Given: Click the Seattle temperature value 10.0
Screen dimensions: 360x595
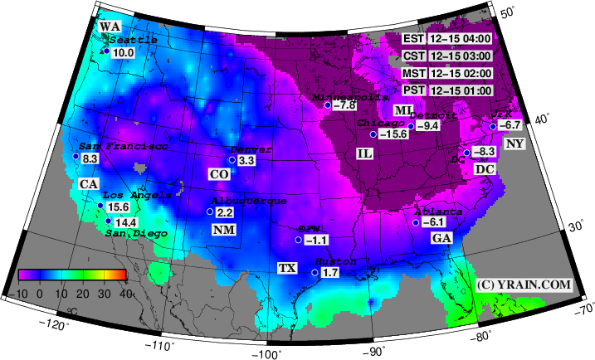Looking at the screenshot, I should (123, 52).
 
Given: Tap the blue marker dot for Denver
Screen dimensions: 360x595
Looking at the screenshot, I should (232, 160).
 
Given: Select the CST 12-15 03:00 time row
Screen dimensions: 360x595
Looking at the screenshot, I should (448, 56).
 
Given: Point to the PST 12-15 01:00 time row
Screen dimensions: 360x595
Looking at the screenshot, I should (448, 90).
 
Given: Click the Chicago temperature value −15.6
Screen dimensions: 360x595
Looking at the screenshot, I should (393, 134).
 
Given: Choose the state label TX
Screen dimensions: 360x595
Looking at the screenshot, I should (287, 269).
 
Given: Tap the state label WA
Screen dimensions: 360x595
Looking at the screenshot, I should (109, 27).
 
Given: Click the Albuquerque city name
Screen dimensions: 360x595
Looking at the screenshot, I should (249, 201).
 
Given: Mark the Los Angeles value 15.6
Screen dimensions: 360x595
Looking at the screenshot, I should (119, 207).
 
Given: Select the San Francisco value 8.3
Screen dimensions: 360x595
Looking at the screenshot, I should (90, 158).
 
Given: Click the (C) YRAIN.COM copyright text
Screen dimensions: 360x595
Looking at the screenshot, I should (524, 285).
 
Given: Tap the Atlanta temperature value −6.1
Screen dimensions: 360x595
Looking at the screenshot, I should (434, 222).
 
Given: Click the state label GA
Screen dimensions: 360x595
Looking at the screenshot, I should (441, 238).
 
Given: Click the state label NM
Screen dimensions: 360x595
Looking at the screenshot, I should (223, 230).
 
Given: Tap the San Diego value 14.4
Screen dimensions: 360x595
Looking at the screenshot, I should (125, 222).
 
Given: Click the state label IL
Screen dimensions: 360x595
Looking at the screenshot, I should (364, 154).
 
